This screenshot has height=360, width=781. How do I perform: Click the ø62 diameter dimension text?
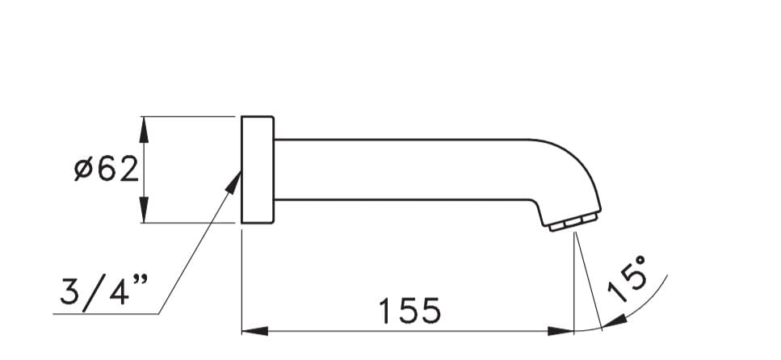click(107, 170)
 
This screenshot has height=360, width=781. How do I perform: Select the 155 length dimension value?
click(410, 310)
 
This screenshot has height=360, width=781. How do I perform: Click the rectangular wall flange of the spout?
click(258, 170)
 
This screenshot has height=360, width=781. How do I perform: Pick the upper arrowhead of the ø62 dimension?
click(144, 126)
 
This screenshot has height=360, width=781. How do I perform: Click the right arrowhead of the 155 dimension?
click(562, 331)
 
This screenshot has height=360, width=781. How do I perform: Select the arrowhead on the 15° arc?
click(614, 324)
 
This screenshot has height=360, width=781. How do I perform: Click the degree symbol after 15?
click(640, 262)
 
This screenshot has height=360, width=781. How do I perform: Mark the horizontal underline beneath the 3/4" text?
click(105, 312)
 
